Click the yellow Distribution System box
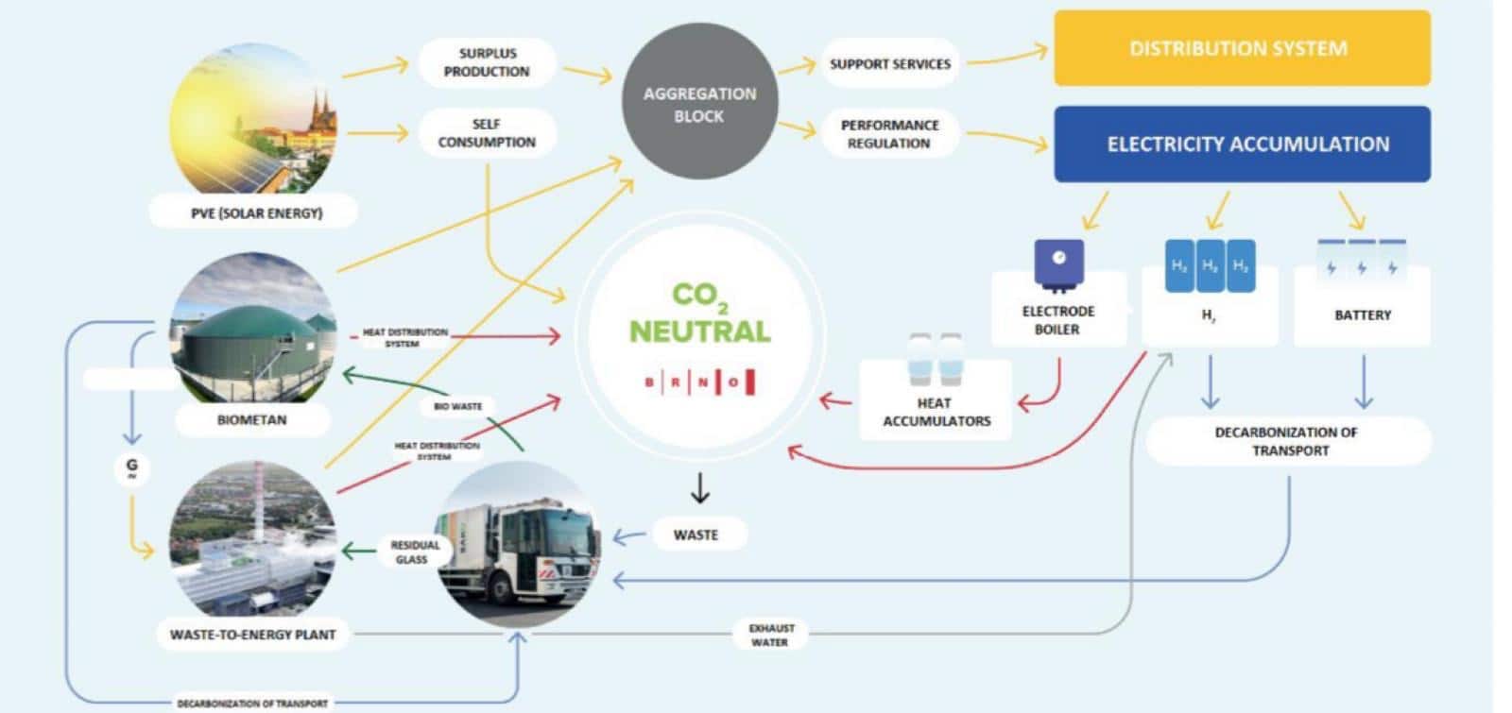coord(1241,48)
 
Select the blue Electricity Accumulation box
coord(1242,144)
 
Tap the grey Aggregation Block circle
coord(699,104)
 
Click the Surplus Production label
coord(487,62)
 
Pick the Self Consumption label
coord(487,133)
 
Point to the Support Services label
coord(889,64)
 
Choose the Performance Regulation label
coord(889,134)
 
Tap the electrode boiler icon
coord(1058,263)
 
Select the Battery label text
coord(1362,315)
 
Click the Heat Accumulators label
coord(936,412)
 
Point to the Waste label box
coord(696,535)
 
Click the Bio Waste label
coord(458,406)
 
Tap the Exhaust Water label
coord(770,635)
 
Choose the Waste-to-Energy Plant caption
coord(252,635)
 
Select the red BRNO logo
coord(699,382)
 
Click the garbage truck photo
coord(518,546)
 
